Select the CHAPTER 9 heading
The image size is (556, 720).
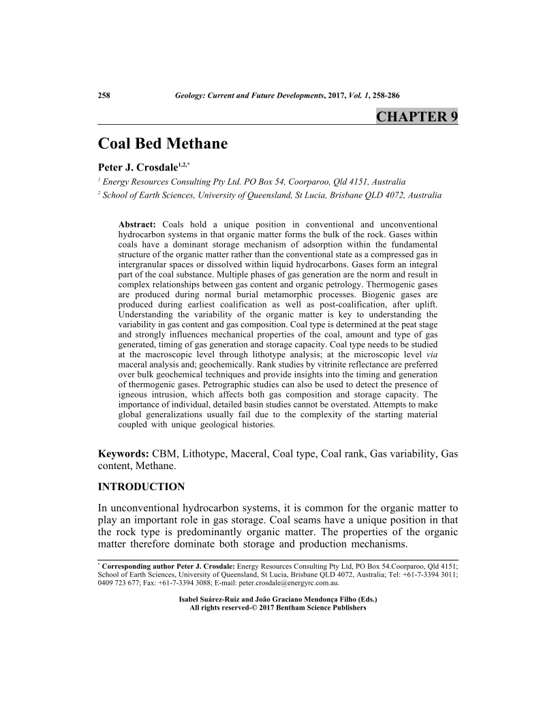pos(416,117)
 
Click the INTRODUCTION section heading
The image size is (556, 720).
pos(141,487)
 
